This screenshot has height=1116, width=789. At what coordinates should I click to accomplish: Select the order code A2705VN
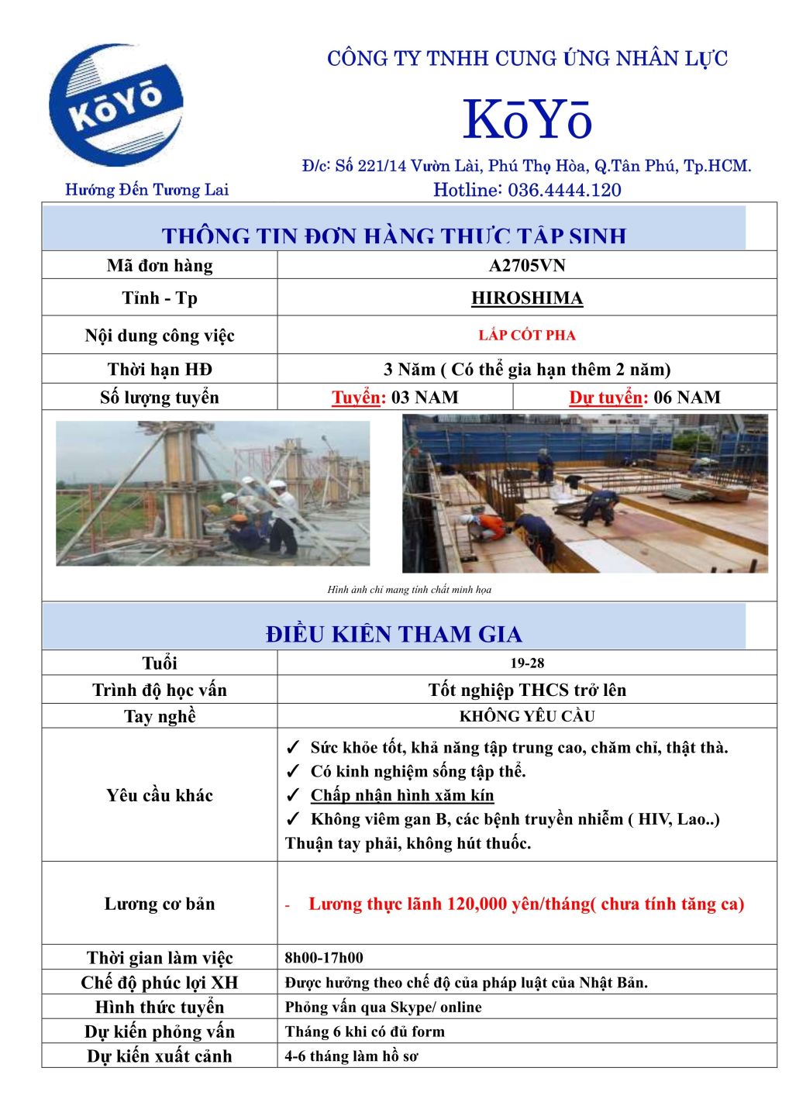tap(527, 266)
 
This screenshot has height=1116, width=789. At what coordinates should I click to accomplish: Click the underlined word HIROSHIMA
tap(527, 298)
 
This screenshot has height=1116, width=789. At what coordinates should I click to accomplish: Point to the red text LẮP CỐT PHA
tap(527, 336)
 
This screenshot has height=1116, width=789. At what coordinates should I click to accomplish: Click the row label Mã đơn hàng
tap(160, 266)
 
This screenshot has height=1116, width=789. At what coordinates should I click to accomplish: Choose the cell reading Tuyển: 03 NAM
tap(395, 398)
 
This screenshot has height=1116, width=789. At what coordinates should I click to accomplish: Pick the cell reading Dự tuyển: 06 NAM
tap(645, 398)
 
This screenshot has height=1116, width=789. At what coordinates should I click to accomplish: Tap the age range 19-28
tap(527, 663)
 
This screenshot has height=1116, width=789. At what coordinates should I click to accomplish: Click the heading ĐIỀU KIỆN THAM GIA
tap(394, 634)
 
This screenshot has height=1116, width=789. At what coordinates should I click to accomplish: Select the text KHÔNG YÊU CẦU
tap(527, 716)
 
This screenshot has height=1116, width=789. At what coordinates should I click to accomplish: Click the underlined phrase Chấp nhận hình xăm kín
tap(402, 795)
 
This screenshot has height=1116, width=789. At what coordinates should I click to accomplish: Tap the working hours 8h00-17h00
tap(324, 958)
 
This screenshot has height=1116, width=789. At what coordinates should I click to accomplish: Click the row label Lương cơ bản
tap(160, 904)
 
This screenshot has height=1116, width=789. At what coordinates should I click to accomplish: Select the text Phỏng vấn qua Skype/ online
tap(384, 1007)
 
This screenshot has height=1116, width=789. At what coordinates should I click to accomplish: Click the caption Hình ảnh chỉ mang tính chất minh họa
tap(409, 590)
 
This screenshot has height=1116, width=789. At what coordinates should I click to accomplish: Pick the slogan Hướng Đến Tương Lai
tap(146, 190)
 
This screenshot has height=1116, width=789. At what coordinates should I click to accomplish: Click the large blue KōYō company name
tap(527, 120)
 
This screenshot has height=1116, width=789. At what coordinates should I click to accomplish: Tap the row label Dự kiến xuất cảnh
tap(160, 1056)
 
